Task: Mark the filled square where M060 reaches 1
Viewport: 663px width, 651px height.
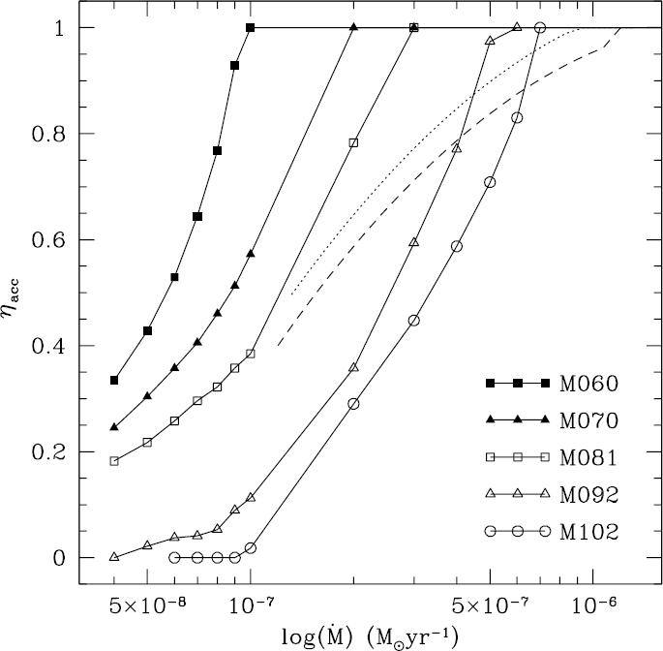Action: coord(251,28)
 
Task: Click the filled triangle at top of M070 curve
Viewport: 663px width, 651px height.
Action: coord(353,28)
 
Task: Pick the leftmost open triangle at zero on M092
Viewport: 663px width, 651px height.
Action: coord(114,557)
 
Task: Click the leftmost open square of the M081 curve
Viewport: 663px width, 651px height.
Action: coord(114,461)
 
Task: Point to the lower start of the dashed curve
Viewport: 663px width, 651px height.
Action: coord(279,345)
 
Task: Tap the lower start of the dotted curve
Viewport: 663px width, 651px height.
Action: coord(292,294)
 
